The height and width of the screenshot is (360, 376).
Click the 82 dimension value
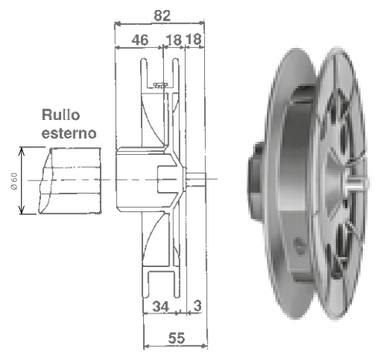[x=162, y=15]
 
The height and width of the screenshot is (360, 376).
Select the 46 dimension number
[x=140, y=40]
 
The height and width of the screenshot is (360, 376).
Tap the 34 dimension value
[x=161, y=307]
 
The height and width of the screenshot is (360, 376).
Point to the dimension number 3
[x=197, y=306]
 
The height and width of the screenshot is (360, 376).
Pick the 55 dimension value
[x=176, y=338]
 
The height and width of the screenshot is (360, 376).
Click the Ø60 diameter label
[x=14, y=181]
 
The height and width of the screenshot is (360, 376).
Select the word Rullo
[x=61, y=115]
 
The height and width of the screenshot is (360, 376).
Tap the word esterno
[x=69, y=133]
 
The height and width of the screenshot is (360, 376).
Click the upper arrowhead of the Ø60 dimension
[x=22, y=152]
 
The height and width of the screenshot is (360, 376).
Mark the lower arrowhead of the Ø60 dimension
[x=22, y=210]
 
